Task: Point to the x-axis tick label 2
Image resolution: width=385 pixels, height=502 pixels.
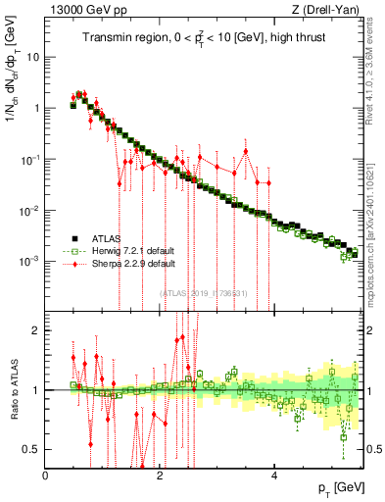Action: point(160,476)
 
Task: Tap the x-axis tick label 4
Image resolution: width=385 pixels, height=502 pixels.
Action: point(274,476)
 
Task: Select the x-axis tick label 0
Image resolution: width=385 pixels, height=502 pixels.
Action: point(45,476)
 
